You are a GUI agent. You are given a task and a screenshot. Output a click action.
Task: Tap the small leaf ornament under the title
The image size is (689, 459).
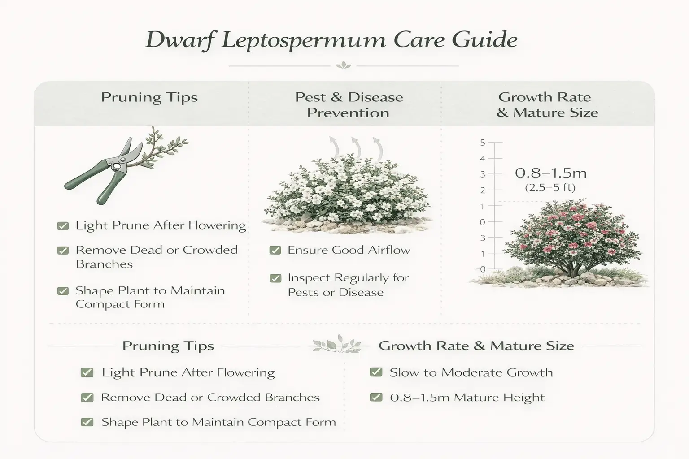[344, 65]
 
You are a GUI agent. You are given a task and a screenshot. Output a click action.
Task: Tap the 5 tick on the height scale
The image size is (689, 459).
[483, 143]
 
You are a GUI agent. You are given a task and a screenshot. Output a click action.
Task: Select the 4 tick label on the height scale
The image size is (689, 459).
[483, 158]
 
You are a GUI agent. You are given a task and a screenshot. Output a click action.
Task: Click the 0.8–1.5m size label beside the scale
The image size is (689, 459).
[551, 173]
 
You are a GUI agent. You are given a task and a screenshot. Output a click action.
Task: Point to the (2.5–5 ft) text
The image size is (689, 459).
[550, 187]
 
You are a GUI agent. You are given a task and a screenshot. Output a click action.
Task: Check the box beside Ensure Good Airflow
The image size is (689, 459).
[275, 250]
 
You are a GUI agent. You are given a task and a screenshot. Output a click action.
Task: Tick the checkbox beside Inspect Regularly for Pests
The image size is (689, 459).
[275, 278]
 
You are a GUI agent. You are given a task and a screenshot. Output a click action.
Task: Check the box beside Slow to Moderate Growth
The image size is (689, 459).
[376, 372]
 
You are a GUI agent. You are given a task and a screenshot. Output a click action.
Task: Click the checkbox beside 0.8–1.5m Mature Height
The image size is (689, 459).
[376, 397]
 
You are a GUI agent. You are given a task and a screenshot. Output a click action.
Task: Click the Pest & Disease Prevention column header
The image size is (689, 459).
[349, 104]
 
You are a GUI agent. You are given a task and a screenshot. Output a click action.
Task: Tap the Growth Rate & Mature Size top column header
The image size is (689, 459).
[547, 104]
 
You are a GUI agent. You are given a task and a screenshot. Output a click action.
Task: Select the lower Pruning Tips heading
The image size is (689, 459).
[168, 346]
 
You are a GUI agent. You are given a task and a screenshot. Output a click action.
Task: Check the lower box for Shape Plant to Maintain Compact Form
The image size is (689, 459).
[87, 422]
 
